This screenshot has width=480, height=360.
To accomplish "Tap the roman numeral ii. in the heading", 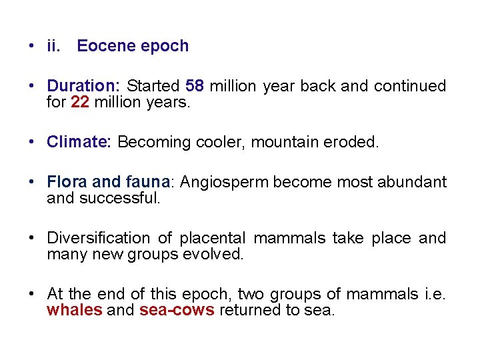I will (53, 46).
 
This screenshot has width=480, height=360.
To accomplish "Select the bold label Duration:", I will (83, 86).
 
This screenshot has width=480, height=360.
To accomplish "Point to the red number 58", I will (195, 86).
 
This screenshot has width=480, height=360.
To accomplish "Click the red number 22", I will (79, 103).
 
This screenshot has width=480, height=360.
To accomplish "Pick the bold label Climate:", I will (79, 142).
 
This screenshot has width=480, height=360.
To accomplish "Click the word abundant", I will (413, 181).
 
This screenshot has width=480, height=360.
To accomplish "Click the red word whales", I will (75, 311).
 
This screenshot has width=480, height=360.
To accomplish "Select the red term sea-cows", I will (177, 311).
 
